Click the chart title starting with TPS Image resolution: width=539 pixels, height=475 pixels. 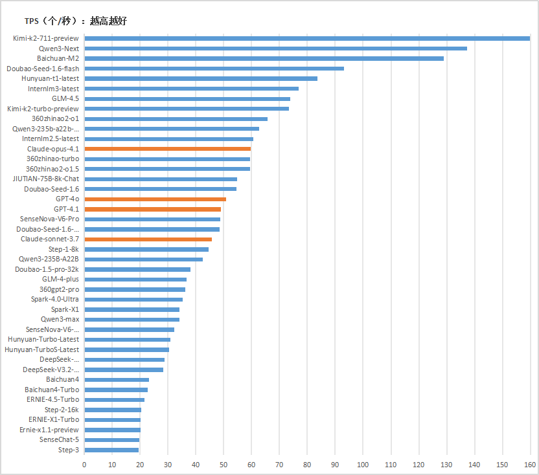(76, 21)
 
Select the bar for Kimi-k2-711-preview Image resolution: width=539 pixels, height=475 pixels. (307, 38)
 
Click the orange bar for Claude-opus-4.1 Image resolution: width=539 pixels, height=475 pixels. (168, 149)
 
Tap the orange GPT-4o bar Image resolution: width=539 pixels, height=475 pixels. (155, 199)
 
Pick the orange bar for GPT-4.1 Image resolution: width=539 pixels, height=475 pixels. (153, 209)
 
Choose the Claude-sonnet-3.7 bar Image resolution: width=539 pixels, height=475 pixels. (148, 239)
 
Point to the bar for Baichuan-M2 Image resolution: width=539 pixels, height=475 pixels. (264, 58)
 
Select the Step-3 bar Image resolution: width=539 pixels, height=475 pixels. (111, 450)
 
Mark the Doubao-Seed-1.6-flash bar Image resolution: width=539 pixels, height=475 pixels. (214, 68)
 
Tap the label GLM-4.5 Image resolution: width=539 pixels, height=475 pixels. (65, 98)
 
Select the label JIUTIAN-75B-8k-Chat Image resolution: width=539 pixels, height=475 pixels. (46, 179)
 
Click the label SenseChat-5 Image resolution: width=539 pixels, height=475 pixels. (60, 440)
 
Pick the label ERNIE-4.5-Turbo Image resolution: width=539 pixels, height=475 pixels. (52, 400)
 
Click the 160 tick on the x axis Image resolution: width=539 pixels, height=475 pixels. (530, 465)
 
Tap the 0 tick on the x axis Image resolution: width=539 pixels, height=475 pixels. (84, 465)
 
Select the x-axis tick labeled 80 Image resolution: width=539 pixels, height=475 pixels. (307, 465)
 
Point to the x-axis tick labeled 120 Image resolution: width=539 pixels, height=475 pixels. (419, 465)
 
